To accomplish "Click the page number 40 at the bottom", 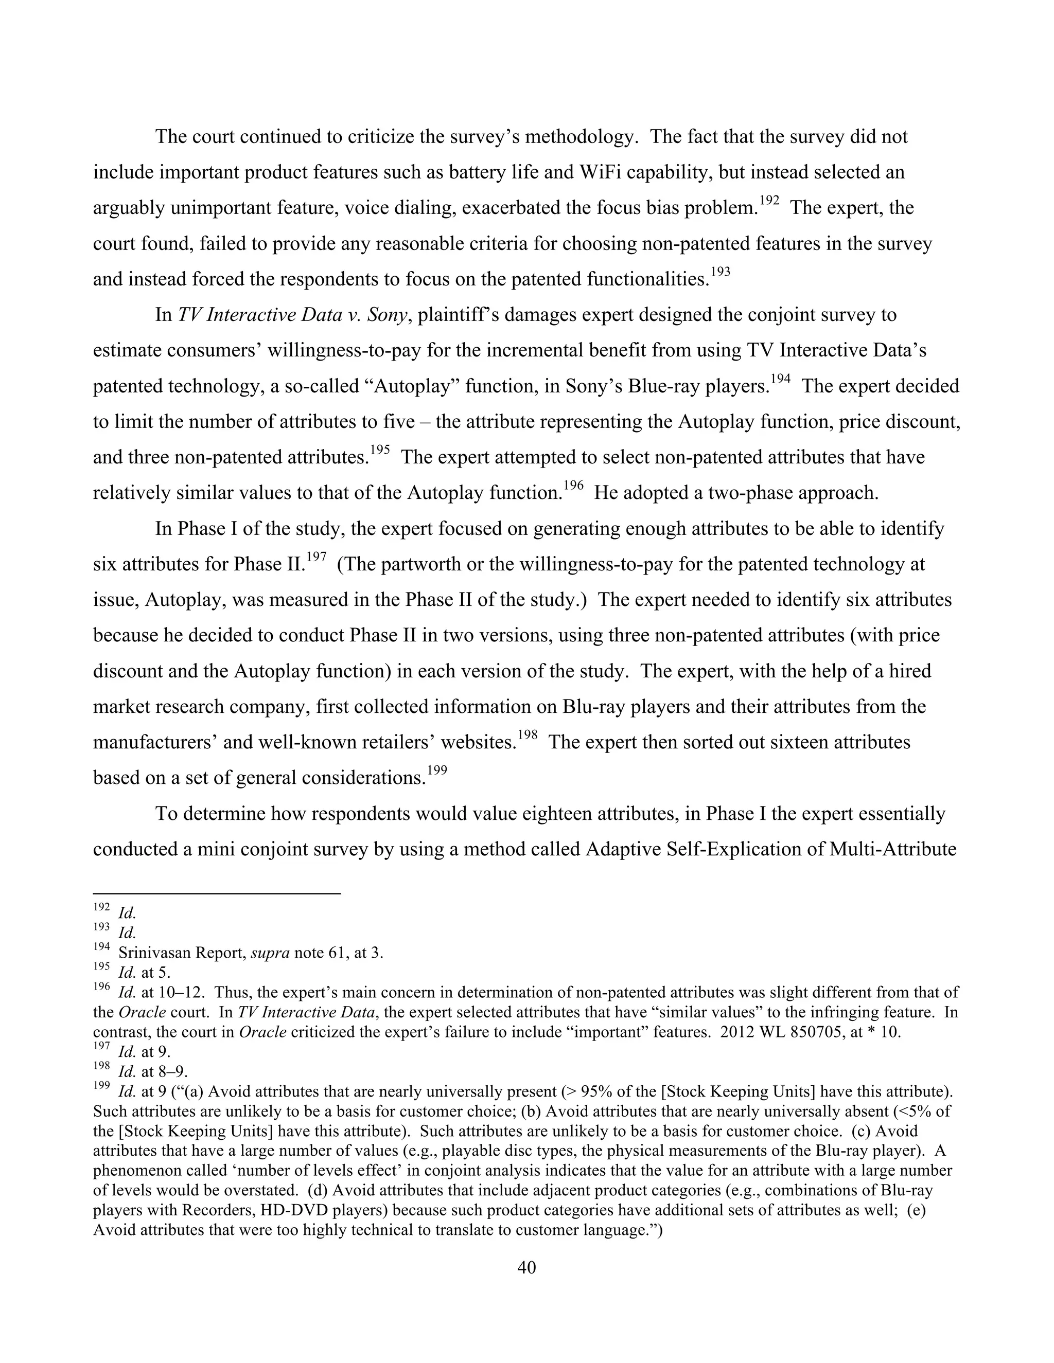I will (x=526, y=1267).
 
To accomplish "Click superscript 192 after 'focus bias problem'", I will (x=769, y=201).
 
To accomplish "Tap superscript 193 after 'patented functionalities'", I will (x=720, y=272).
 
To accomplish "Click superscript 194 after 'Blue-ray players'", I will (x=781, y=380).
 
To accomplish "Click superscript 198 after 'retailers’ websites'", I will (x=528, y=736).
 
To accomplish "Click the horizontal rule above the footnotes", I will (x=216, y=894).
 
